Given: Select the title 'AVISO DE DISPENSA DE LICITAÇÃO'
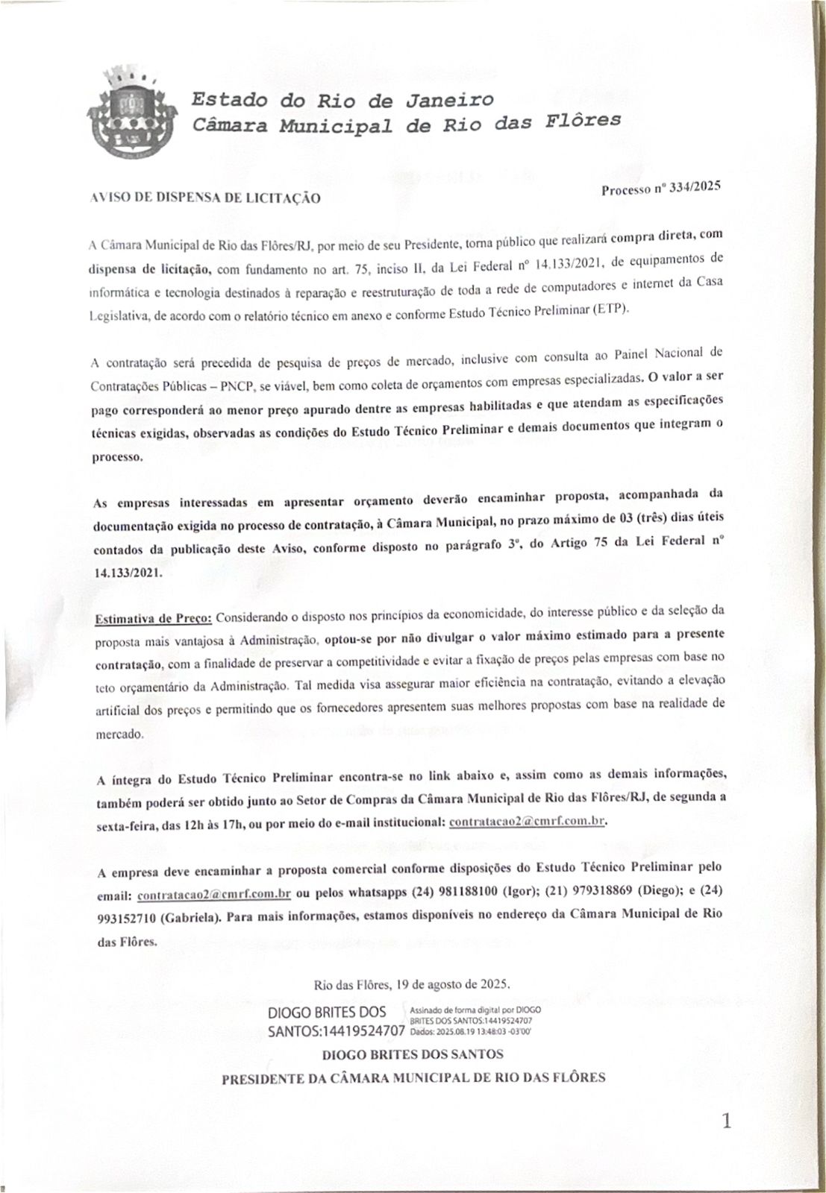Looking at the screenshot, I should pyautogui.click(x=205, y=198).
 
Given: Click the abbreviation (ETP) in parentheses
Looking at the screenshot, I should pyautogui.click(x=612, y=309).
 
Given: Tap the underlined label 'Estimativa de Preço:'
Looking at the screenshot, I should pyautogui.click(x=154, y=620).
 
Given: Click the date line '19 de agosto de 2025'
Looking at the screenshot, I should pyautogui.click(x=413, y=983).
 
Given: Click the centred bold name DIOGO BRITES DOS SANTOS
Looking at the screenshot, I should pyautogui.click(x=413, y=1054).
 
